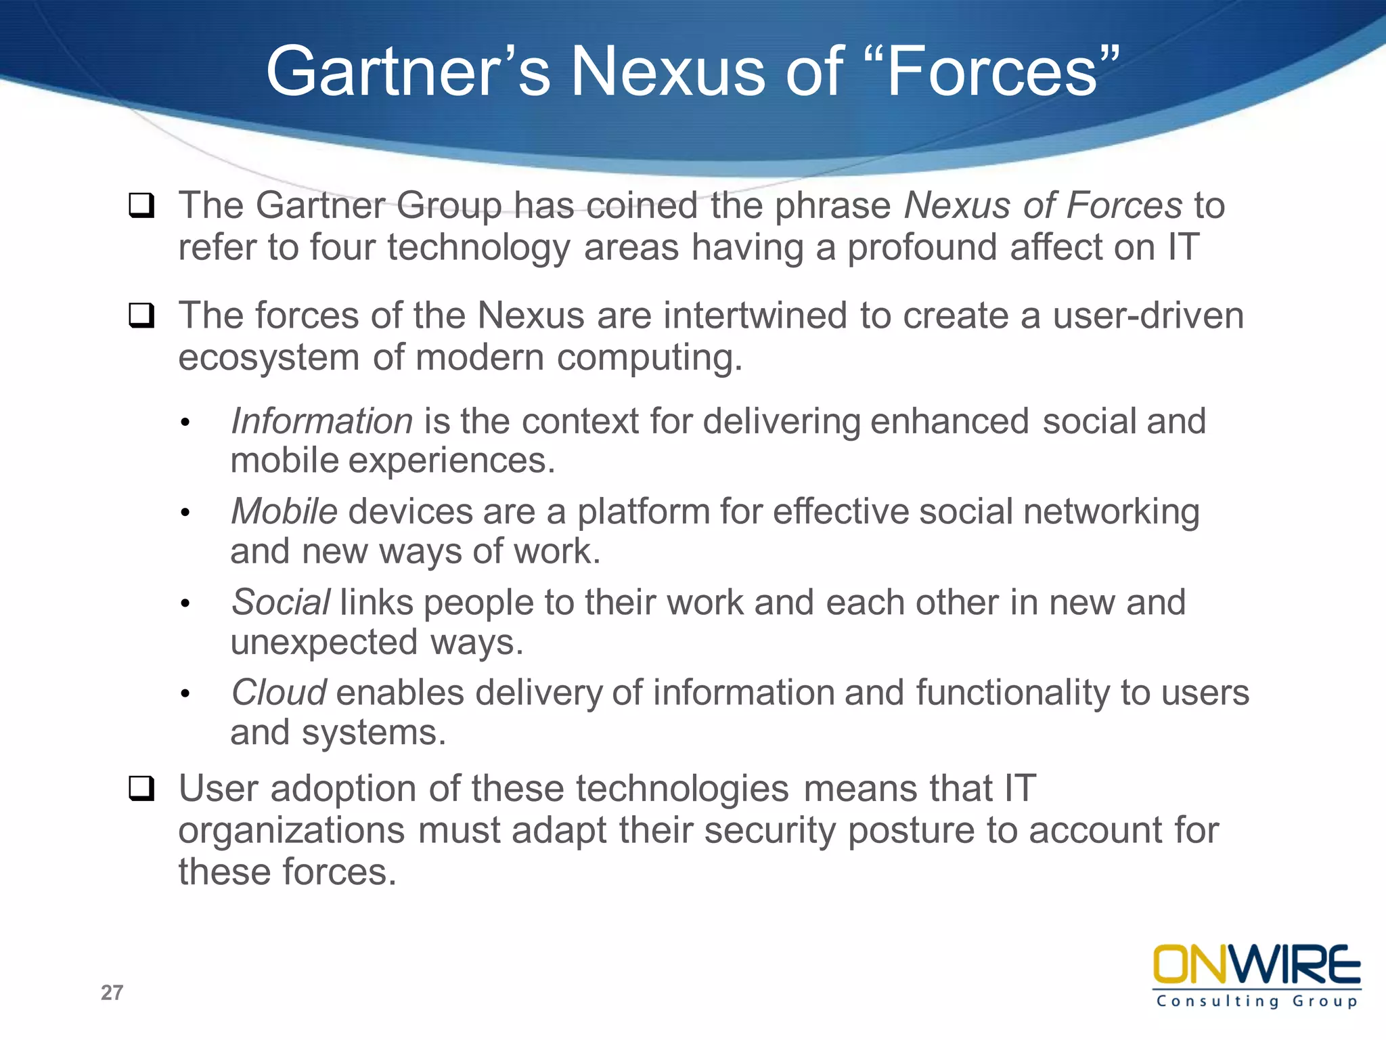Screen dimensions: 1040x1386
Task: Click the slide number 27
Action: point(112,993)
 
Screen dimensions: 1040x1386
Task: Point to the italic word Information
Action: point(321,421)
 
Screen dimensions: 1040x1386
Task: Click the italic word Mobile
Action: point(284,511)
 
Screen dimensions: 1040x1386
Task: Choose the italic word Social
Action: point(281,602)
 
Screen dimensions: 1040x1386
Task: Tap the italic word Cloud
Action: point(279,693)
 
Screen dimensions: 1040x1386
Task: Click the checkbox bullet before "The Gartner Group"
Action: point(141,205)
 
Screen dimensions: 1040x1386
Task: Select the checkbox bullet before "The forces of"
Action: point(141,316)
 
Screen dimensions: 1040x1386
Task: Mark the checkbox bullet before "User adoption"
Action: point(141,789)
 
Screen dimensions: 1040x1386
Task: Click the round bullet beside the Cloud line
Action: point(185,694)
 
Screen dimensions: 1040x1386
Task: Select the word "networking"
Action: point(1111,511)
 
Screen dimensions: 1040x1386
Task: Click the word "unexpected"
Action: point(323,642)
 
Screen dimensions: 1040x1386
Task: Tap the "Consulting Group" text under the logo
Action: point(1257,1001)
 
